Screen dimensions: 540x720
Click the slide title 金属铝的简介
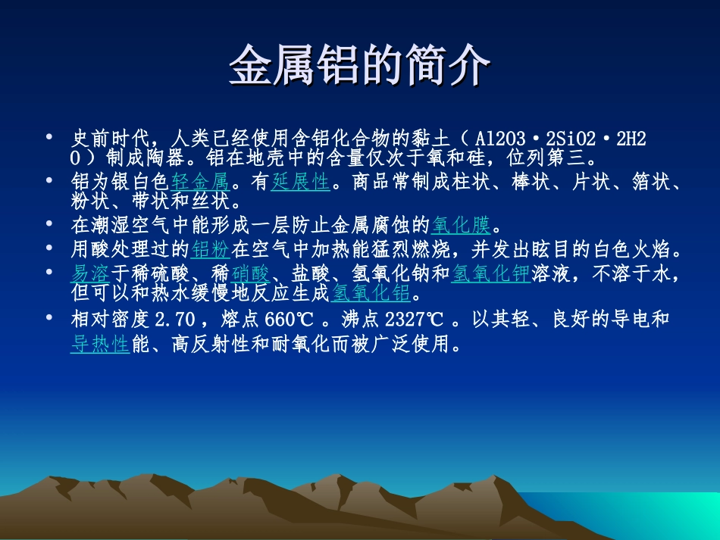click(x=359, y=65)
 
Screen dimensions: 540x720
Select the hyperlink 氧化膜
click(x=462, y=225)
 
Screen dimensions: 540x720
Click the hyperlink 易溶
click(x=90, y=273)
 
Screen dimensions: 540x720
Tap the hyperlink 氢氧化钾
click(x=490, y=273)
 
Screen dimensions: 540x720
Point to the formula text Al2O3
click(x=500, y=140)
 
